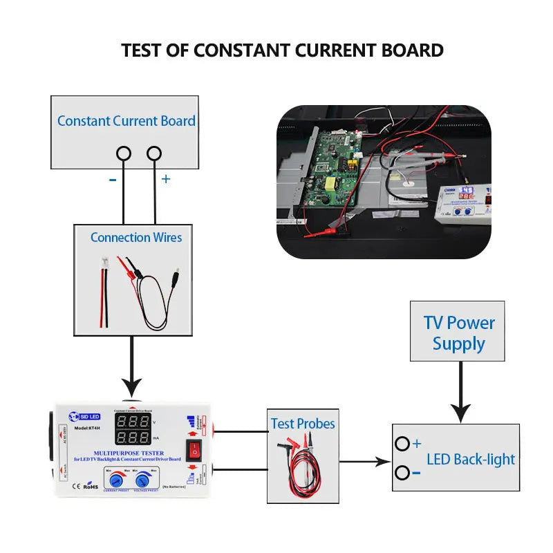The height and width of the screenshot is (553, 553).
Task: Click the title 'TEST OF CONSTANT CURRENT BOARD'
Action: click(282, 50)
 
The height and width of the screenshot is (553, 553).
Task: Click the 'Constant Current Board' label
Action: click(126, 121)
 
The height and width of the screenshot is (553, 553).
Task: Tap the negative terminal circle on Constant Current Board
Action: click(124, 153)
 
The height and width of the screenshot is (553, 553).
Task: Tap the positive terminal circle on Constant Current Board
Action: click(154, 153)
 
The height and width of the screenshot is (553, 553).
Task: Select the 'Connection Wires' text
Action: click(136, 237)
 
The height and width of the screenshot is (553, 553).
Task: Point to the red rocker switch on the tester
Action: click(194, 450)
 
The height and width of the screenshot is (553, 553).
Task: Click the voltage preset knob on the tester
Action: click(143, 481)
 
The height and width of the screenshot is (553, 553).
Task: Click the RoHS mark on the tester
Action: click(91, 487)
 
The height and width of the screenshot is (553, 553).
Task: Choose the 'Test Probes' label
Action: click(302, 424)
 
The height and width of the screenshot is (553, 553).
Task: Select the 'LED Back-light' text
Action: click(471, 459)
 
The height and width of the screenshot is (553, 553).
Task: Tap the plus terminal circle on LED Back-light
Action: click(402, 444)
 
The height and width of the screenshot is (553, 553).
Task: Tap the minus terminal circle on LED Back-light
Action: click(402, 473)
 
